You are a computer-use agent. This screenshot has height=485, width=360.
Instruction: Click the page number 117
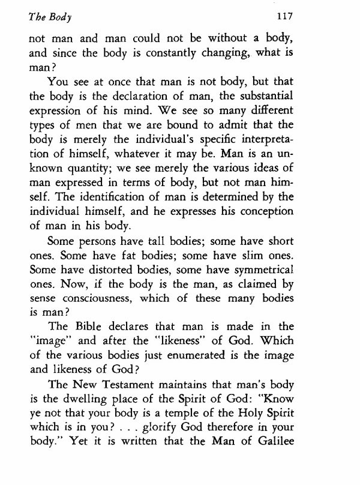pyautogui.click(x=319, y=17)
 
